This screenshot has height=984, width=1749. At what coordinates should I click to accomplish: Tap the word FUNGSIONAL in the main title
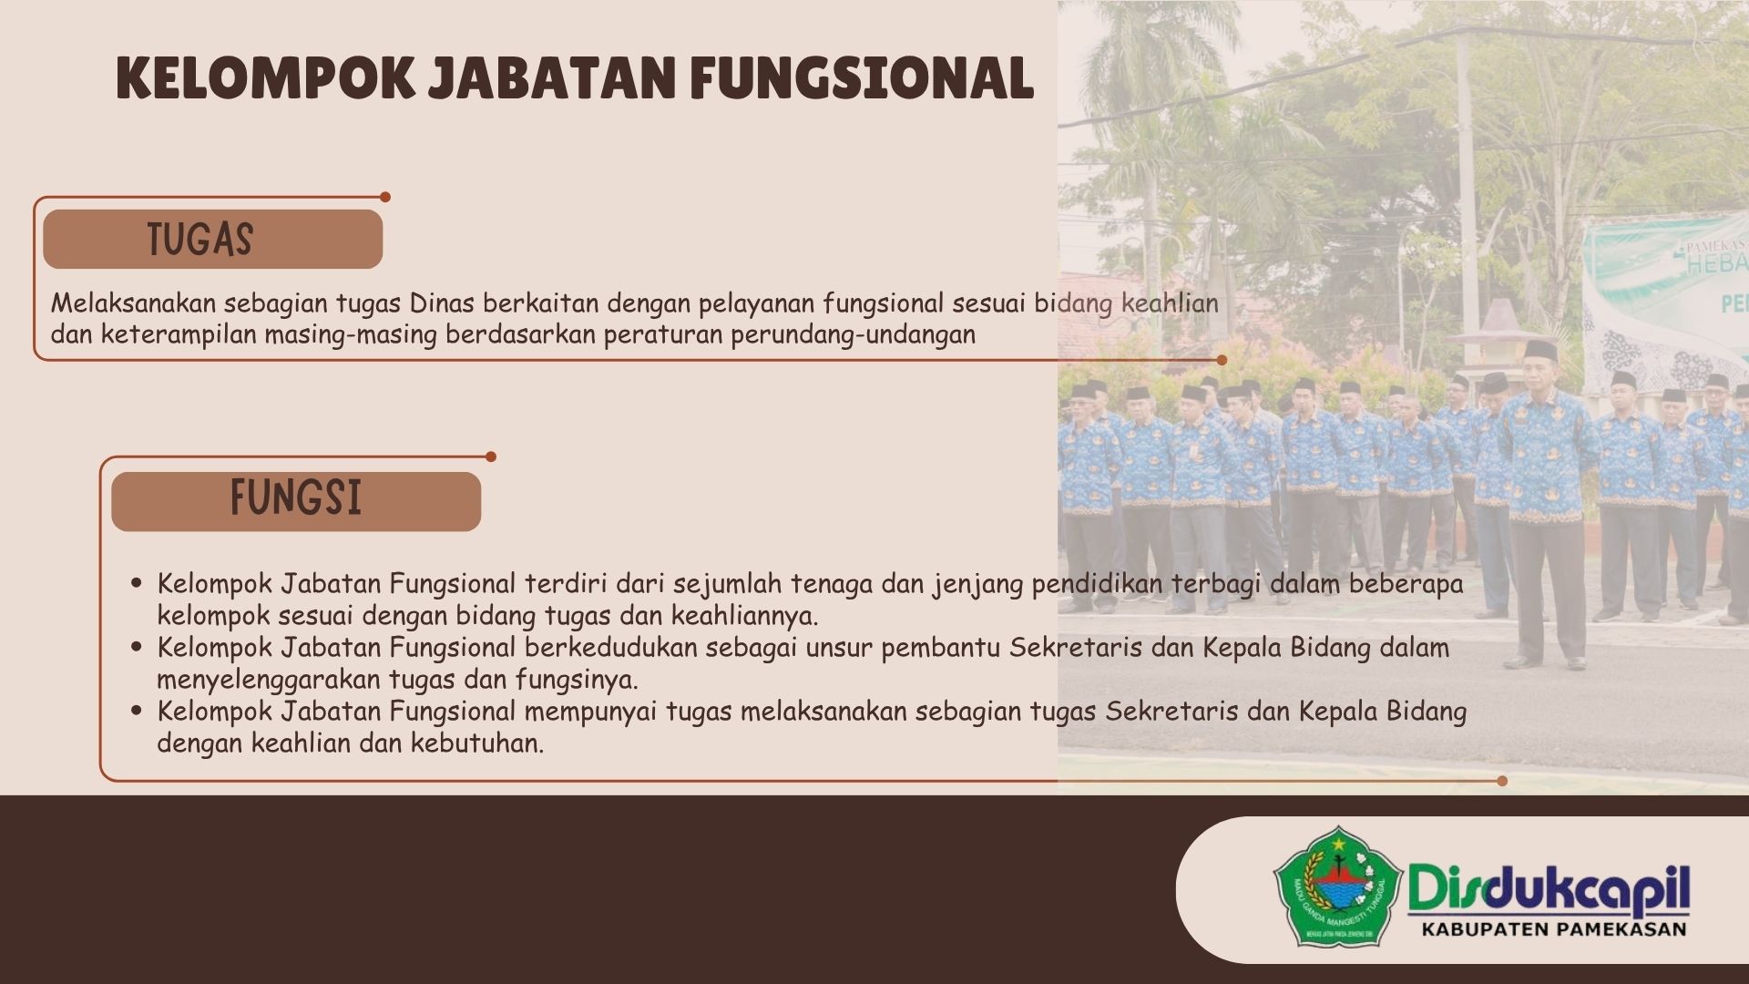[x=862, y=77]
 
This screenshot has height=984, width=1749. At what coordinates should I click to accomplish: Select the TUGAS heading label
[x=200, y=240]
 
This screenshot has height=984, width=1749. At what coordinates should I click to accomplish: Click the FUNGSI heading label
[x=296, y=497]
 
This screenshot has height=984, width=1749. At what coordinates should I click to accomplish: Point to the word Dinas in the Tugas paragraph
[x=442, y=303]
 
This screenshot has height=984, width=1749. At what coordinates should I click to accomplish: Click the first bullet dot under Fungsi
[x=138, y=583]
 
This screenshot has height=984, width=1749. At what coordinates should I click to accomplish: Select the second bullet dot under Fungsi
[x=138, y=647]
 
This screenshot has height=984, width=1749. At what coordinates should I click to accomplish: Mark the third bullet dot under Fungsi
[x=138, y=711]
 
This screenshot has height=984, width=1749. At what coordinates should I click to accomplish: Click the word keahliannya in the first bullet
[x=744, y=616]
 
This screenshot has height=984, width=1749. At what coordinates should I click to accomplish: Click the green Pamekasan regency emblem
[x=1336, y=887]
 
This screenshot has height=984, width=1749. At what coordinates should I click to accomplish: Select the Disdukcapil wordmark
[x=1549, y=890]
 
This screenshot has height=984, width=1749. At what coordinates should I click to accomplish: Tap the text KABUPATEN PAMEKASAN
[x=1554, y=930]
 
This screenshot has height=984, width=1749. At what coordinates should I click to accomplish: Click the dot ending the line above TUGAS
[x=385, y=197]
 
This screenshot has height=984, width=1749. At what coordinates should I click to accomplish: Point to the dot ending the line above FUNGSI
[x=491, y=456]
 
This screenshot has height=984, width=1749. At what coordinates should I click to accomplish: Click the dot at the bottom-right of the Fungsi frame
[x=1502, y=781]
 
